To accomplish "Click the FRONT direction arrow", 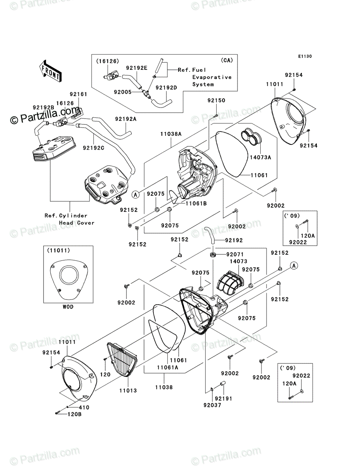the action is pos(50,71).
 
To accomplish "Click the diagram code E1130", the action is pos(305,56).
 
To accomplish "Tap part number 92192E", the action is pos(137,68).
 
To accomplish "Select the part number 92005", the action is pos(123,92).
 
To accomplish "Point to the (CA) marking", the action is pos(227,60).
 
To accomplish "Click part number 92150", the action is pos(216,100).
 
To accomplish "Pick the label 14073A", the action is pos(260,157).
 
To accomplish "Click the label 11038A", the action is pos(171,134).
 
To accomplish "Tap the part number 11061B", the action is pos(196,203).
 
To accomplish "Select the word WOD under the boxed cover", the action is pos(68,307).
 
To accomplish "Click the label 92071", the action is pos(235,254).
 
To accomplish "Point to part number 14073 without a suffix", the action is pos(238,261).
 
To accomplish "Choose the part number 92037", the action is pos(212,405).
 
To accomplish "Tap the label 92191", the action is pos(223,398).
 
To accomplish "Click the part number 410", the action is pos(84,407).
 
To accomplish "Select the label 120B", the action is pos(75,414).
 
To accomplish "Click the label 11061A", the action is pos(167,367).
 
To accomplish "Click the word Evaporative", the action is pos(212,77).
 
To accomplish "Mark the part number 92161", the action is pos(78,94).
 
